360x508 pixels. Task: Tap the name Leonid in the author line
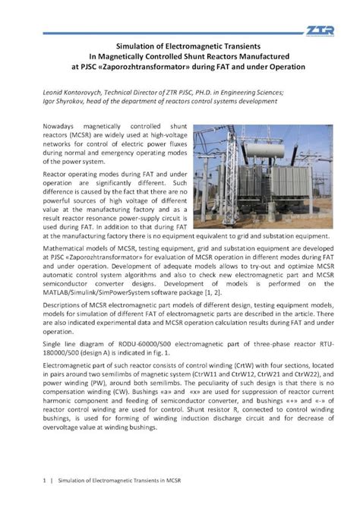tap(49, 88)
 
